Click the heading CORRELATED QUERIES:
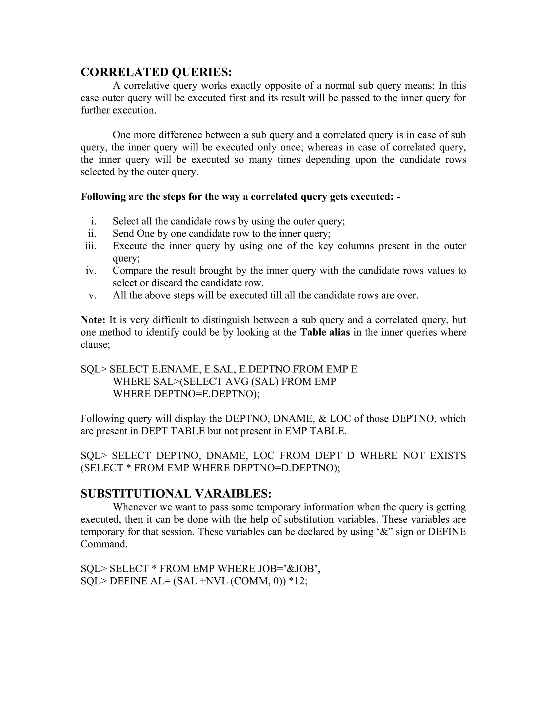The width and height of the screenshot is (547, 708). [x=156, y=72]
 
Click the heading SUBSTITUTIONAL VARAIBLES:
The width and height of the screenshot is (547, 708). [x=176, y=494]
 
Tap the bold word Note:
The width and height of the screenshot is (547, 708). [x=93, y=320]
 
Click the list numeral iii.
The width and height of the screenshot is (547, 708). [x=91, y=246]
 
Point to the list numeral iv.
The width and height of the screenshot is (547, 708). [x=91, y=271]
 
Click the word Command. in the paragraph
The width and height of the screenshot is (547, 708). [x=104, y=544]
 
